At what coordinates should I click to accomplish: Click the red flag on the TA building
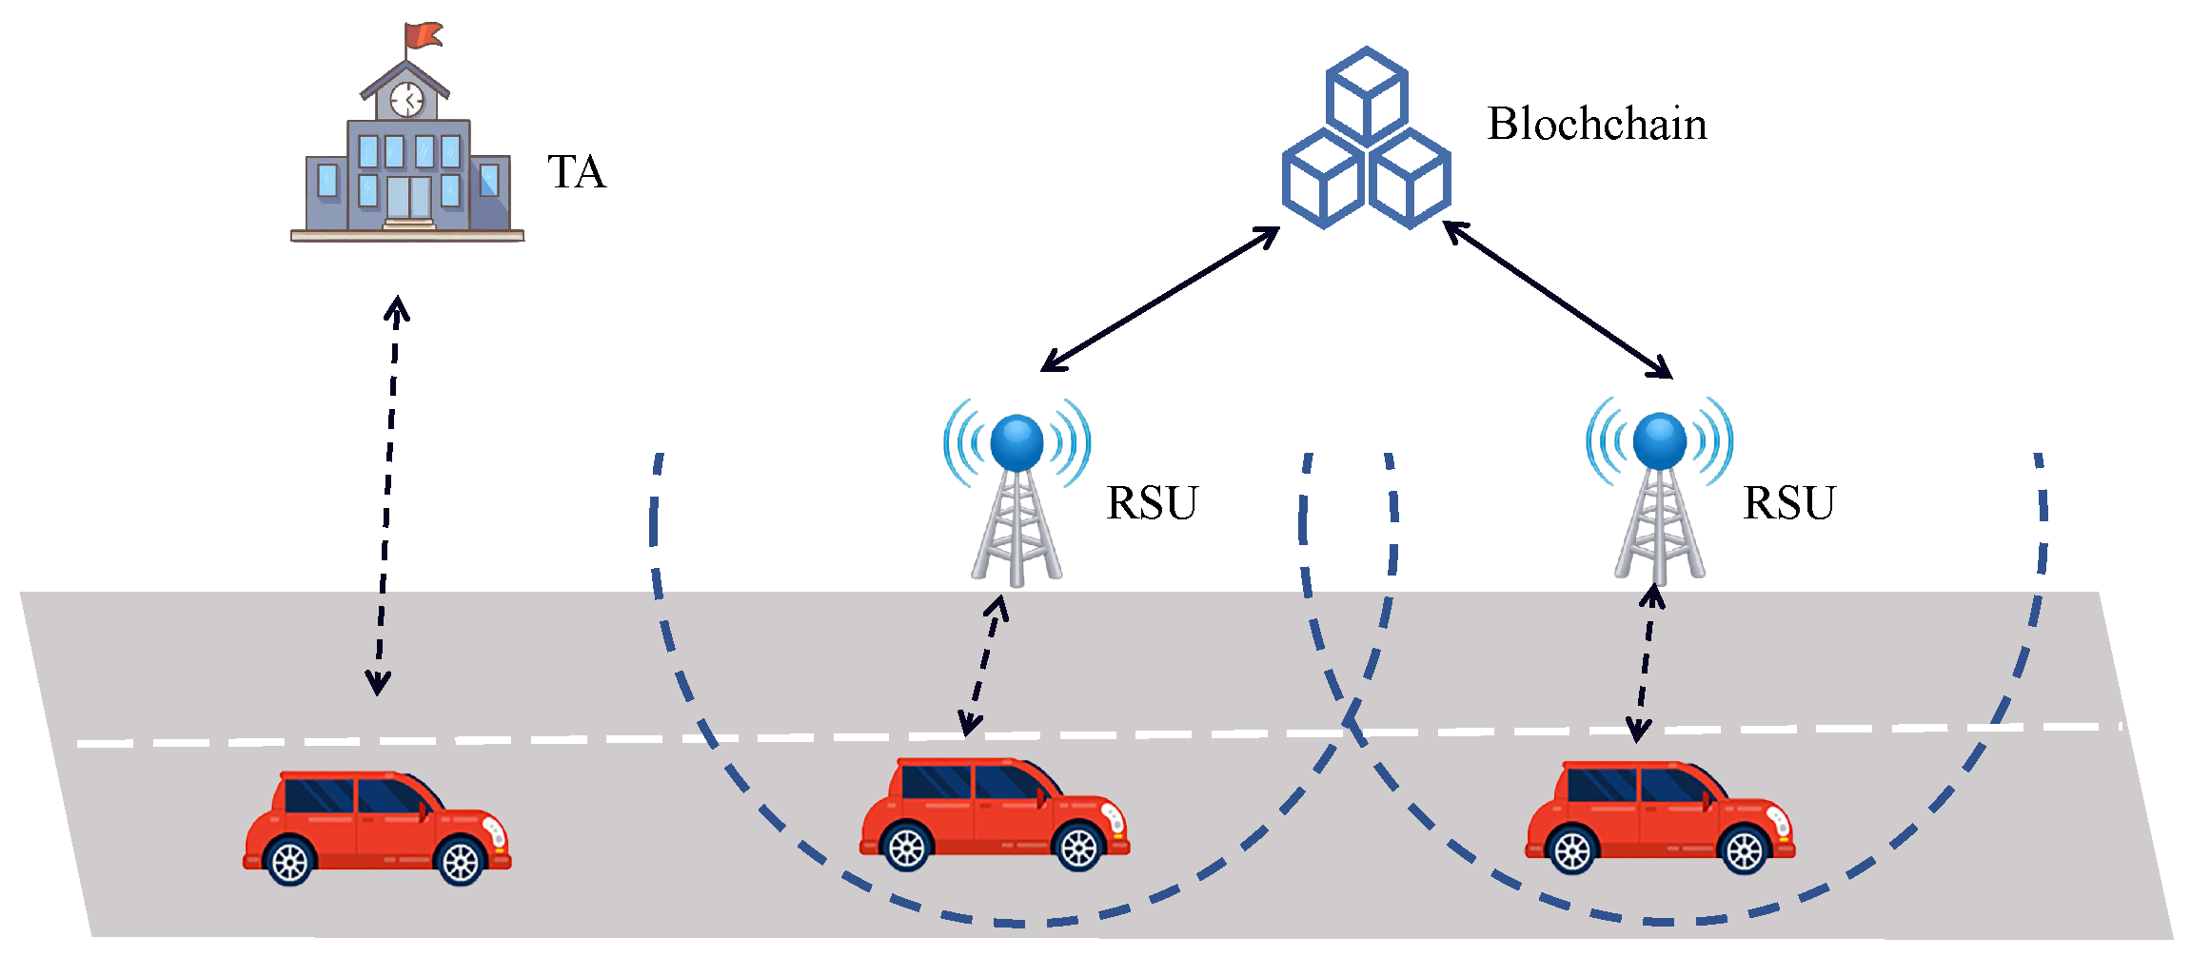click(423, 36)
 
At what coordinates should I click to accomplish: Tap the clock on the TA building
click(407, 99)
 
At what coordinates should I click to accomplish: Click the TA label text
click(577, 173)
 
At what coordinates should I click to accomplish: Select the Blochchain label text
click(1596, 125)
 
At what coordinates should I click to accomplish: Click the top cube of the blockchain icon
click(1367, 95)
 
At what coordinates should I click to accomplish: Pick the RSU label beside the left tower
click(1152, 503)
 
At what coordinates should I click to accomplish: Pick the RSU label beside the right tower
click(1788, 503)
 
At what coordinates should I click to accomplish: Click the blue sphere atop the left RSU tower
click(1017, 442)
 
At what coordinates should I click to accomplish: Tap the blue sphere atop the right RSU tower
click(1659, 440)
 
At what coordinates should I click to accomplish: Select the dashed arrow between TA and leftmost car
click(387, 495)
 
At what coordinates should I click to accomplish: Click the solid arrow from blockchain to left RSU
click(1160, 299)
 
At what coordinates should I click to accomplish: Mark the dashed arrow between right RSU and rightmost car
click(1647, 663)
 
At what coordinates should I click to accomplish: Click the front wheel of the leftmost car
click(461, 862)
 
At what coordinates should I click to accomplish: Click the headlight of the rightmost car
click(1778, 821)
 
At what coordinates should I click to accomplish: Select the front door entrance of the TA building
click(409, 198)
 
